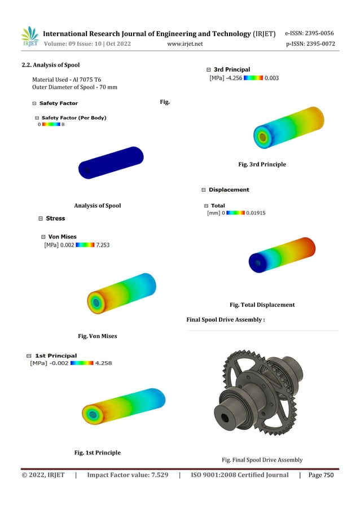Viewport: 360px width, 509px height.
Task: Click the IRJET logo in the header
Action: (x=29, y=37)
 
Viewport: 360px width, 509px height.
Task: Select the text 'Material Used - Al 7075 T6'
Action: (x=67, y=80)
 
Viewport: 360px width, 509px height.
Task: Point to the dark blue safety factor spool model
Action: (x=110, y=164)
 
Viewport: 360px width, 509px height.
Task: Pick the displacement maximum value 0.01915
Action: (x=256, y=213)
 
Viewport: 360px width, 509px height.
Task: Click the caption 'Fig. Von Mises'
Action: (x=97, y=336)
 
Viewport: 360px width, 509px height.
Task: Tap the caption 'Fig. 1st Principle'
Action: (x=97, y=453)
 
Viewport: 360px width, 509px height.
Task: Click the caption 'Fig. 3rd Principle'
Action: (x=262, y=164)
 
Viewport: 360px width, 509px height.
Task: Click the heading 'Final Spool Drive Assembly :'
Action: (x=226, y=320)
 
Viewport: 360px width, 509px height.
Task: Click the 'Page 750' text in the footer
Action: (x=321, y=475)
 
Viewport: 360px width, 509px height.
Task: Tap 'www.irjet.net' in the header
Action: (x=185, y=44)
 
